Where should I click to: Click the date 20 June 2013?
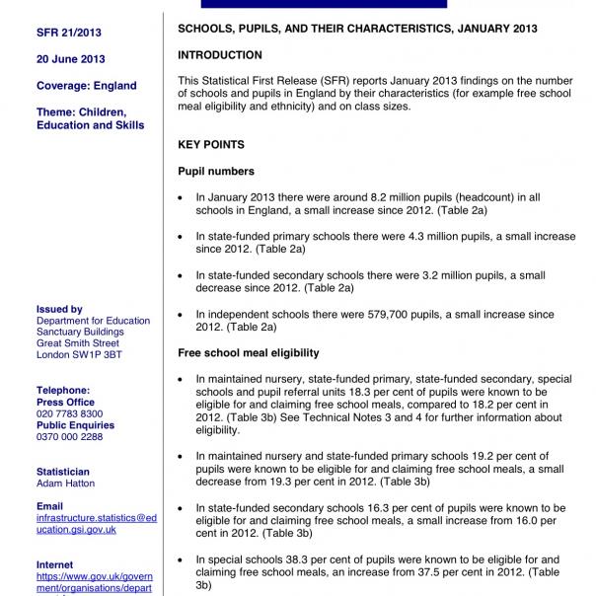71,58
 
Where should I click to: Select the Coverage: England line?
87,87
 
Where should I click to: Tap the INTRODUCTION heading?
219,56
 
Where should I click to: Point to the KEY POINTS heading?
210,145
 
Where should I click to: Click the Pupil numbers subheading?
215,172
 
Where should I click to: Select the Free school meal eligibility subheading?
248,352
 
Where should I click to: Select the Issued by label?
59,309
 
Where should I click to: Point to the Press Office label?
65,403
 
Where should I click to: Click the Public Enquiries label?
75,425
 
